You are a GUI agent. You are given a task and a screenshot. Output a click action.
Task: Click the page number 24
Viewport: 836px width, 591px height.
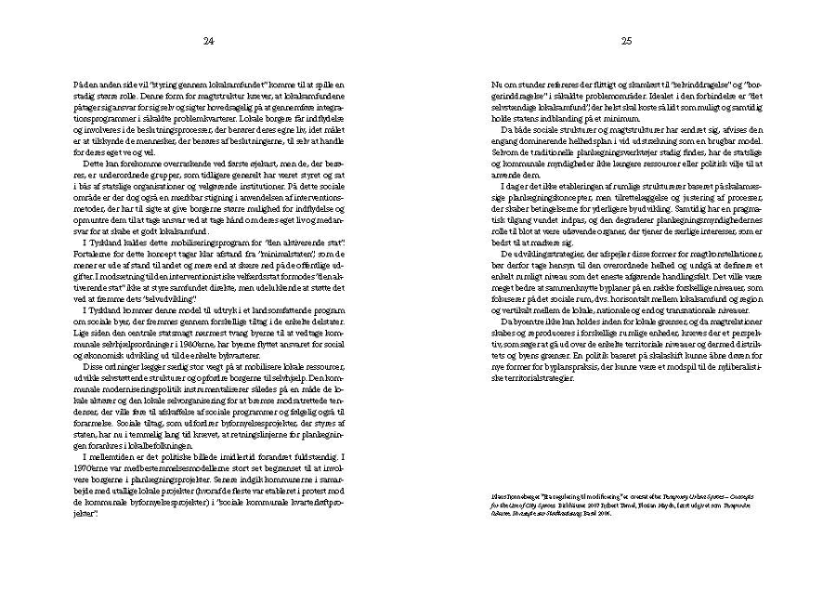point(209,41)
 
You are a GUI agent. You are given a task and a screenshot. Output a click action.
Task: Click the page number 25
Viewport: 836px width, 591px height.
point(627,41)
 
